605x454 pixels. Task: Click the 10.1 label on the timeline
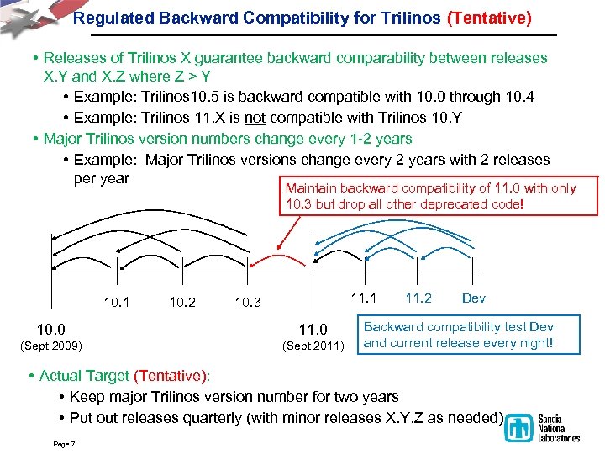[117, 301]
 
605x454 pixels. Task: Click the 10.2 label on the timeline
[182, 301]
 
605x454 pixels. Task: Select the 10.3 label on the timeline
[247, 301]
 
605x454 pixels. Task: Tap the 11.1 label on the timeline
[363, 298]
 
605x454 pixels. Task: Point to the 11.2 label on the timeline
[418, 298]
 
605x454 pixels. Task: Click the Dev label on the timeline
[473, 298]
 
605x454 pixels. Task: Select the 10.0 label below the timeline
[50, 329]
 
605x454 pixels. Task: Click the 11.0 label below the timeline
[313, 329]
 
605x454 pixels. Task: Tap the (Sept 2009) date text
[50, 345]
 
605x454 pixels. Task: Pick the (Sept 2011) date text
[313, 345]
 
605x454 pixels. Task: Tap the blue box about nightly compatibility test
[458, 335]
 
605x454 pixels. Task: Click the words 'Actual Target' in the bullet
[84, 376]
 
